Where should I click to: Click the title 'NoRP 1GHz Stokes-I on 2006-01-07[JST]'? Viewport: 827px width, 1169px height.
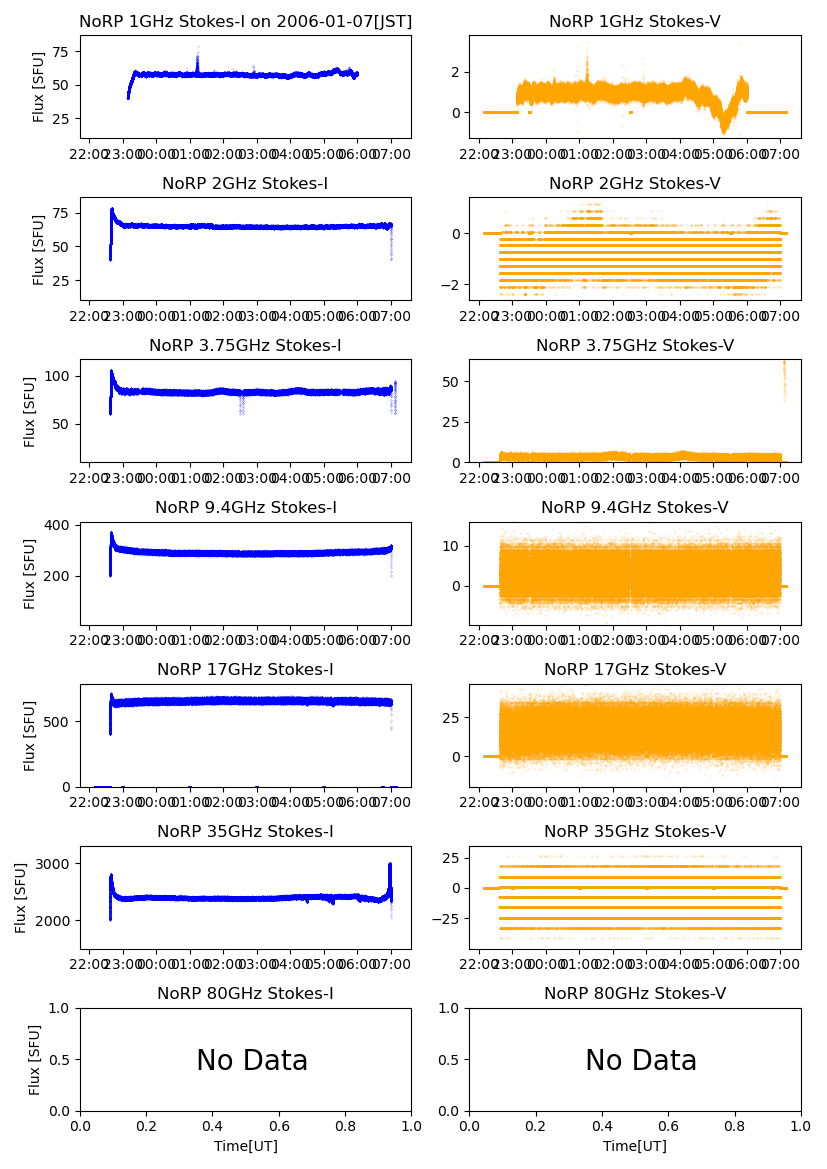click(x=245, y=22)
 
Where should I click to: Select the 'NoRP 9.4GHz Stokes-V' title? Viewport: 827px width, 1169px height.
click(x=635, y=508)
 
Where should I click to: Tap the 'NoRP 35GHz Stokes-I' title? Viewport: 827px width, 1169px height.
click(x=245, y=832)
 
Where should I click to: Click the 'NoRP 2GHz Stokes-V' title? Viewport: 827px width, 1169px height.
click(x=635, y=184)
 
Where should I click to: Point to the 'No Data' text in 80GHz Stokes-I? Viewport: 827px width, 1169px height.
click(x=252, y=1061)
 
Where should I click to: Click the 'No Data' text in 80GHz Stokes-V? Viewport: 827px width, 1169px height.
click(x=641, y=1061)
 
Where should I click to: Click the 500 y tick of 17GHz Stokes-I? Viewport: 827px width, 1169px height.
click(x=58, y=721)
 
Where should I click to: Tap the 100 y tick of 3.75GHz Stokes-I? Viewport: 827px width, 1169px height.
click(x=58, y=376)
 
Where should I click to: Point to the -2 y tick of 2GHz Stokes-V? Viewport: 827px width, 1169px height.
click(x=450, y=285)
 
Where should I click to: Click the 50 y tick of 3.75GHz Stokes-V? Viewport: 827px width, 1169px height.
click(x=450, y=382)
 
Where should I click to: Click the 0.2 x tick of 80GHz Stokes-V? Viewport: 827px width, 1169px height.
click(x=536, y=1126)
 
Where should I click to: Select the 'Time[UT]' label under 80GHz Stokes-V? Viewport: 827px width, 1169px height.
click(x=635, y=1146)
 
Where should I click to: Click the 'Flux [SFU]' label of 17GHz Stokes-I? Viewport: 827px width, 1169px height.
click(x=31, y=736)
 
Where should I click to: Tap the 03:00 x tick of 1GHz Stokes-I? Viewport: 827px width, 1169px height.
click(x=258, y=155)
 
